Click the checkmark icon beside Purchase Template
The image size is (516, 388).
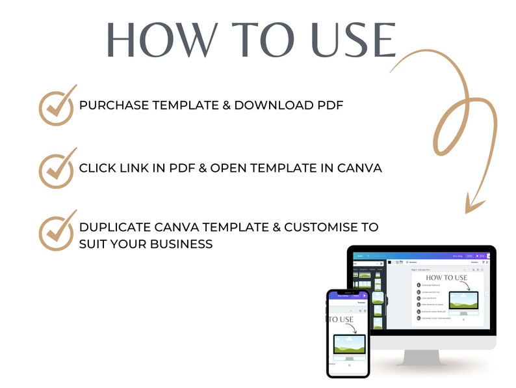pyautogui.click(x=57, y=105)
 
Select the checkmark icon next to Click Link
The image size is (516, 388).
pyautogui.click(x=57, y=169)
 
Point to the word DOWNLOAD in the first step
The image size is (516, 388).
pyautogui.click(x=286, y=105)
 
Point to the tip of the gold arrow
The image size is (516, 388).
pyautogui.click(x=469, y=212)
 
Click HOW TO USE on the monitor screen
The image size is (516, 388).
pyautogui.click(x=446, y=278)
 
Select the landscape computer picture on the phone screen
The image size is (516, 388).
pyautogui.click(x=349, y=346)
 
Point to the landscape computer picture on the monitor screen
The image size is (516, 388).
pyautogui.click(x=463, y=301)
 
